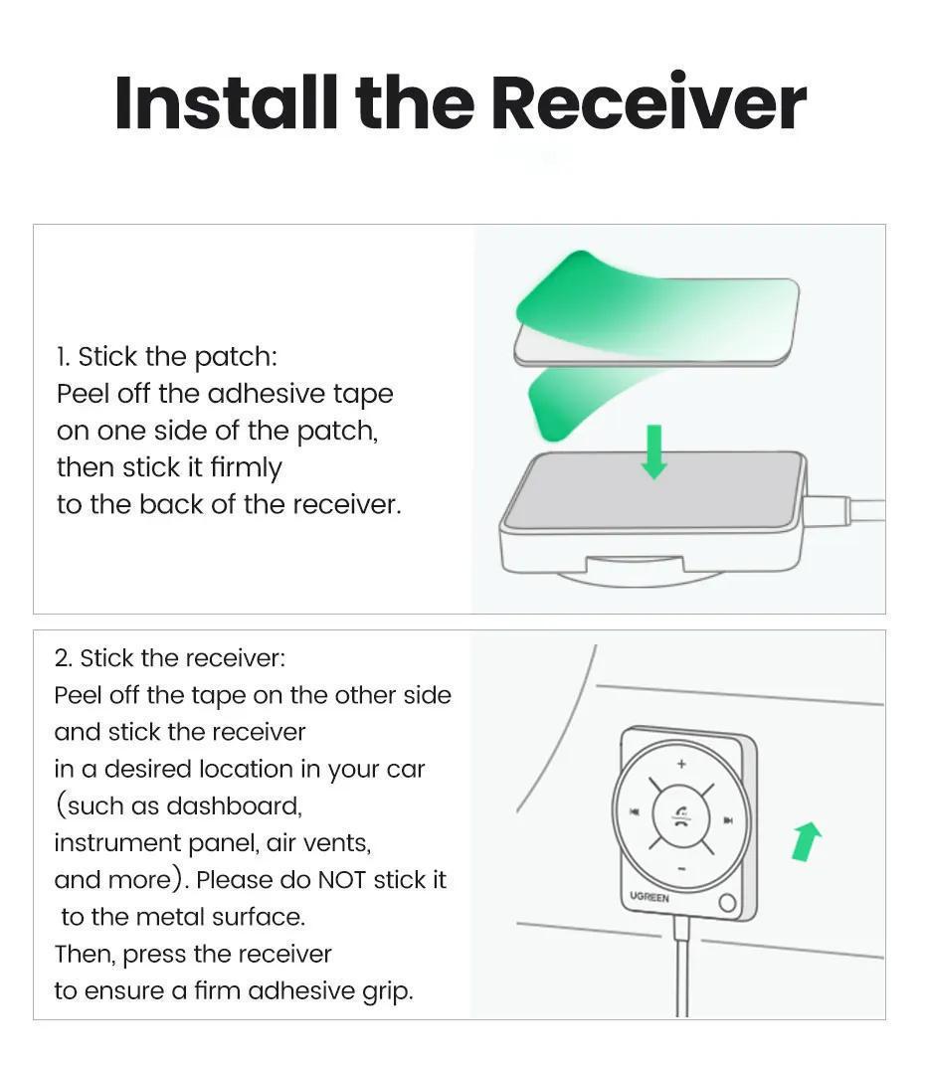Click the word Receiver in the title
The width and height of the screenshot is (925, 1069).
647,102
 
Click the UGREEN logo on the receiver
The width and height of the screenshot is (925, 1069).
649,897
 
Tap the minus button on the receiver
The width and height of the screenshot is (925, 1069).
681,868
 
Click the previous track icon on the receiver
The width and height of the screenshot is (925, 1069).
634,812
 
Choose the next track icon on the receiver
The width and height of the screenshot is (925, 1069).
729,820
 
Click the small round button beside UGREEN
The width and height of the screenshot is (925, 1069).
728,903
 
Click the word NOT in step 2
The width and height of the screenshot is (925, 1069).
342,880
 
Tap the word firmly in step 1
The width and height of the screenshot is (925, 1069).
247,467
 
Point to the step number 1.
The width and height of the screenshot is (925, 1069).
63,356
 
